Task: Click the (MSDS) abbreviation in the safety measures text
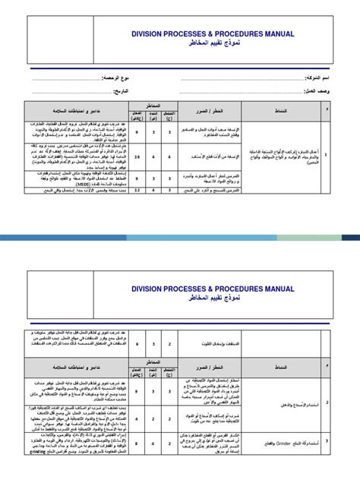pos(73,182)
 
